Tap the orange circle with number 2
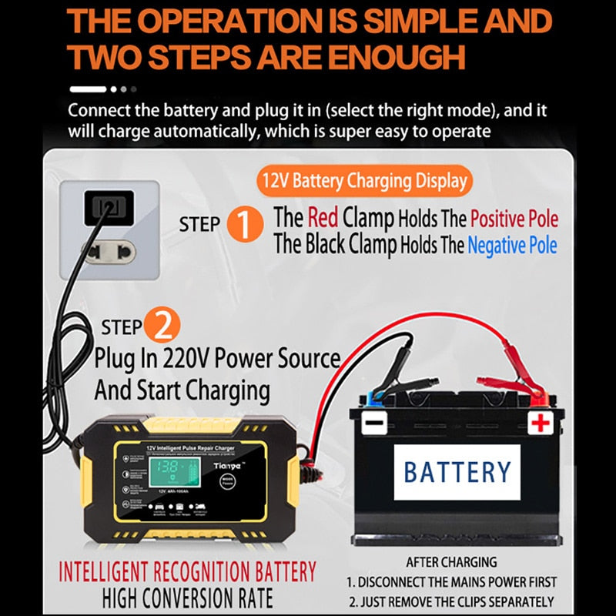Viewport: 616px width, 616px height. pos(162,326)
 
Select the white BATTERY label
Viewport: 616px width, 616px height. pos(457,472)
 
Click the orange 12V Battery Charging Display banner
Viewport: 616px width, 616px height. pos(364,182)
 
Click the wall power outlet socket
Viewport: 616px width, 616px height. pos(109,206)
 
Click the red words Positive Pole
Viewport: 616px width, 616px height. pos(514,218)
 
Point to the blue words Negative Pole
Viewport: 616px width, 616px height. pos(511,246)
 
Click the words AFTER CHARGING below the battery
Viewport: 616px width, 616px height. pos(451,562)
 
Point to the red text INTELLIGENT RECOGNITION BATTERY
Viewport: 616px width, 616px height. pos(188,572)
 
